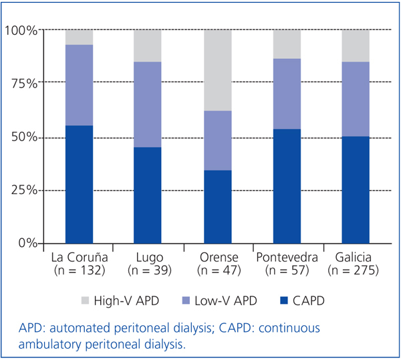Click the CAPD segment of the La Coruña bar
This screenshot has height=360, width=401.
click(x=79, y=184)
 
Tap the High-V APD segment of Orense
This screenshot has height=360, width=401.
click(x=217, y=70)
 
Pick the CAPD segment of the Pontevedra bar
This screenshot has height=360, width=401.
click(x=287, y=186)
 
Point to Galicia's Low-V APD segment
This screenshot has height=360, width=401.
click(x=356, y=99)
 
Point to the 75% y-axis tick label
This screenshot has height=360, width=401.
click(x=23, y=84)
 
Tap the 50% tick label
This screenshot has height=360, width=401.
click(x=23, y=137)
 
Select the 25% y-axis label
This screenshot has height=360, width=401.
click(x=23, y=190)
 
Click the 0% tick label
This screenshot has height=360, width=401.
click(x=27, y=243)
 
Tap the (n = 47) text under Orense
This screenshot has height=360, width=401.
click(x=217, y=270)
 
